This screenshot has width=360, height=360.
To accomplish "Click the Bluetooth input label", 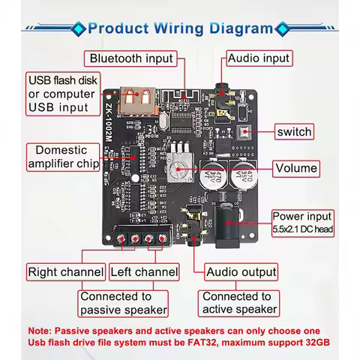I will [130, 58].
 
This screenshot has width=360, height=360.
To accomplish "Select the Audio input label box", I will [258, 58].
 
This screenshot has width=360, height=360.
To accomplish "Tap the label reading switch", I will [293, 132].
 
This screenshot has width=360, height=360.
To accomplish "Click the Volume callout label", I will [295, 169].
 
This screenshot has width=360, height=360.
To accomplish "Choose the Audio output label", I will [241, 271].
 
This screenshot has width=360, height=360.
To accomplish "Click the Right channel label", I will [66, 271].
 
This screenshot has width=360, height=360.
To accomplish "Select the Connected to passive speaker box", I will [124, 303].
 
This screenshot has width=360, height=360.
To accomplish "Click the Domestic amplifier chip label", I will [61, 157].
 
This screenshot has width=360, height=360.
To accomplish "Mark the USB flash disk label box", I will [61, 94].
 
